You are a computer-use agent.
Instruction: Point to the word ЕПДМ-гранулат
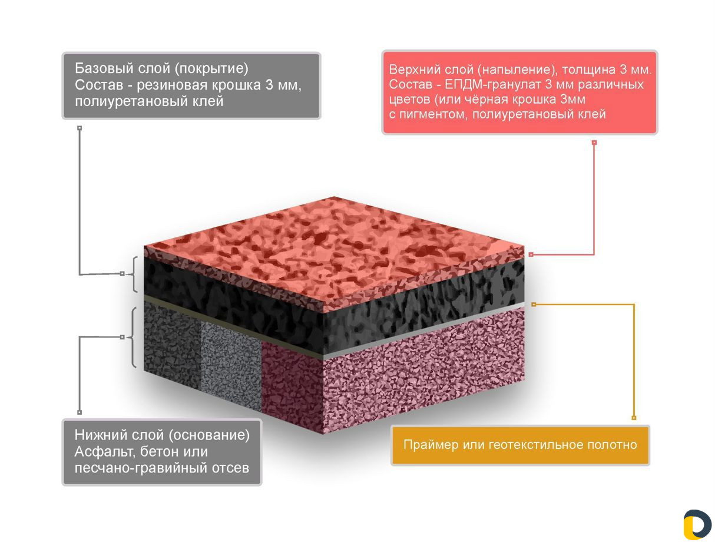click(493, 84)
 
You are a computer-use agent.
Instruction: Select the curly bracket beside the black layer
click(134, 274)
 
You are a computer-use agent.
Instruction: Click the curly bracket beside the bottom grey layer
click(133, 337)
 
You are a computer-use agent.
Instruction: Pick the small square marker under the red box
click(594, 143)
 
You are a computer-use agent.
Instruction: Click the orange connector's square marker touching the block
click(534, 305)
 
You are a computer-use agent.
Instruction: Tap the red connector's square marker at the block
click(531, 255)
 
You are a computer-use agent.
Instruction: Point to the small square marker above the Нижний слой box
click(80, 412)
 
